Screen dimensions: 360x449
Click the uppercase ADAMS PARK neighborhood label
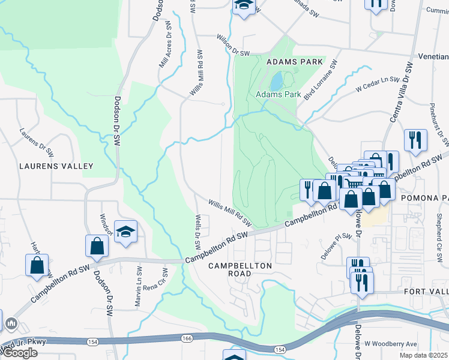point(291,62)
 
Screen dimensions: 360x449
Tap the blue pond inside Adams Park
point(276,80)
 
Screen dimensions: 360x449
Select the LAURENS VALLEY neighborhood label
point(56,166)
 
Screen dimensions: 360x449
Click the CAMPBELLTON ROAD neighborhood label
point(240,269)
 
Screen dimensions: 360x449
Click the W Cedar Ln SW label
point(378,84)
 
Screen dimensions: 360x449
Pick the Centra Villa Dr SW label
point(402,92)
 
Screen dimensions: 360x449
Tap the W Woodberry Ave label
point(394,344)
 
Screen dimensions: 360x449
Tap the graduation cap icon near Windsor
point(125,232)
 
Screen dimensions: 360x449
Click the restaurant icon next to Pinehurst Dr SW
point(415,140)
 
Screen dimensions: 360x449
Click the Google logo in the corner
point(19,353)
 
